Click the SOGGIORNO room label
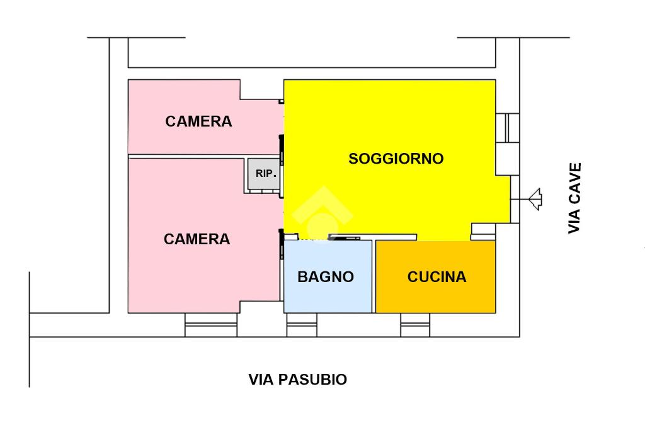396,159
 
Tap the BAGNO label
326,276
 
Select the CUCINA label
437,276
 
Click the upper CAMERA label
198,122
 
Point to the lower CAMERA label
197,239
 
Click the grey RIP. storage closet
264,174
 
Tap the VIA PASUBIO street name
297,380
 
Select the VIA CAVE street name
574,198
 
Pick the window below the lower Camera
210,325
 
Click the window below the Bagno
302,325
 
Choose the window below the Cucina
415,325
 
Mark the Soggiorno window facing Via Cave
508,128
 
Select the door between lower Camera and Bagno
282,244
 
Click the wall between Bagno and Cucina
374,276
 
